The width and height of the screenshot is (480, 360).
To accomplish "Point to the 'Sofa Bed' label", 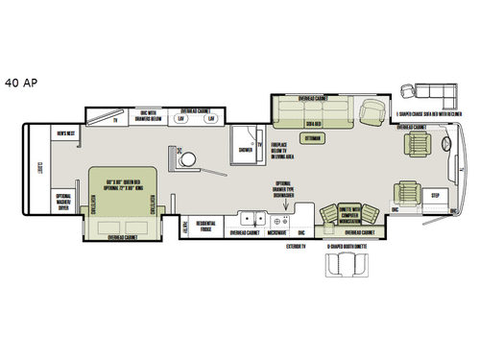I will pyautogui.click(x=311, y=124).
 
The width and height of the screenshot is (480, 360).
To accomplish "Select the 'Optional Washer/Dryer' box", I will pyautogui.click(x=63, y=202).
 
